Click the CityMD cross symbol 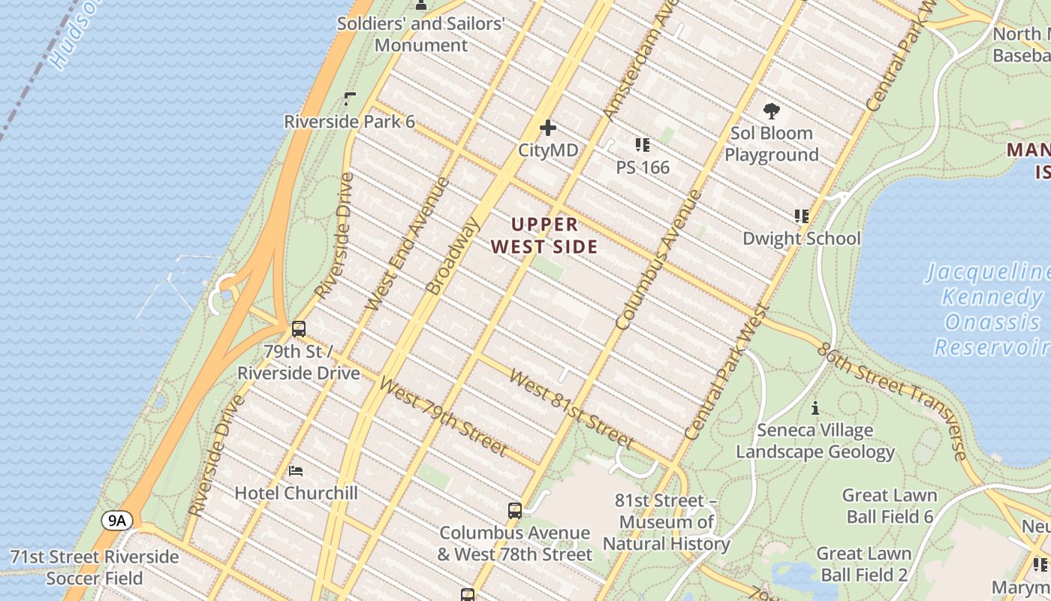(x=548, y=128)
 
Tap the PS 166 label (x=643, y=167)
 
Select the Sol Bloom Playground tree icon (x=771, y=111)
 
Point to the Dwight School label (x=801, y=238)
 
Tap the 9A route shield (x=117, y=521)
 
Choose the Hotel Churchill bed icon (x=296, y=471)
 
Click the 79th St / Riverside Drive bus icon (x=299, y=328)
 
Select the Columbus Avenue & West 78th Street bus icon (x=514, y=511)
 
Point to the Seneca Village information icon (x=815, y=408)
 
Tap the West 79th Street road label (x=443, y=415)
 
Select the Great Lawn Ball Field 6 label (x=890, y=506)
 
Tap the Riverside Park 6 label (x=349, y=122)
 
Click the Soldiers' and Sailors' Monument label (x=420, y=34)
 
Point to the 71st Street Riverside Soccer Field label (x=95, y=567)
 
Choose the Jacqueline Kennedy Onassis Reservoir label (x=990, y=309)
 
